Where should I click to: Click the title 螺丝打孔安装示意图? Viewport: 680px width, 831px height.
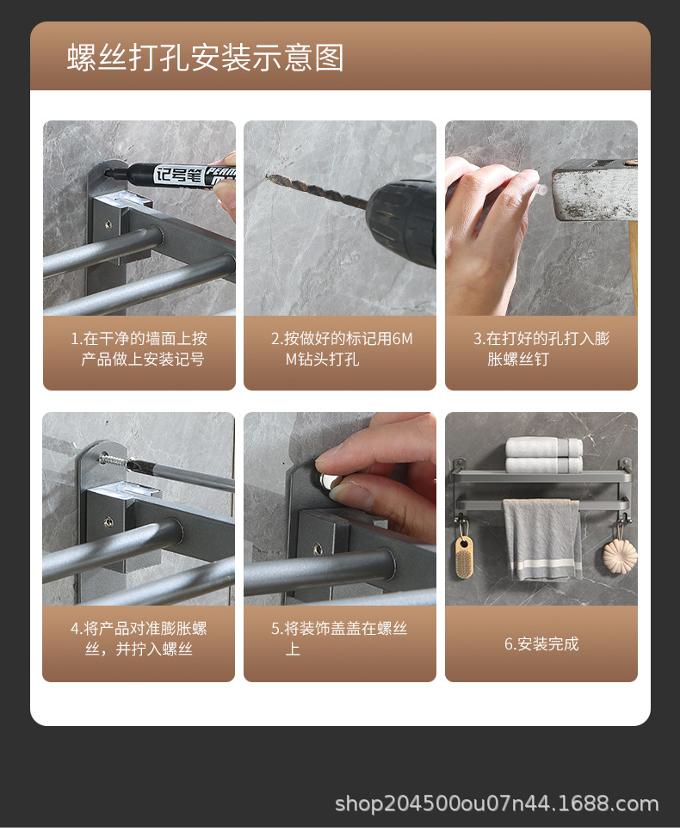205,58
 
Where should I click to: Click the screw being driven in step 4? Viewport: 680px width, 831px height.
114,460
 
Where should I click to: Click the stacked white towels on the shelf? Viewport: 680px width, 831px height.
544,455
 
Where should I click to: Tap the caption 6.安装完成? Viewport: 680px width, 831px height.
541,643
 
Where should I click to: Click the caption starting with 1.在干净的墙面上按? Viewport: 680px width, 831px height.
139,348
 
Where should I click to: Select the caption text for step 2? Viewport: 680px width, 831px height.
341,348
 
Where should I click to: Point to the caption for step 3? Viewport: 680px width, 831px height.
541,348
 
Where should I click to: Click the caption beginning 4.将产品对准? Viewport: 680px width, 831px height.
139,638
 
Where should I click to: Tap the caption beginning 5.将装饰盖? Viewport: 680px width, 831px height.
339,638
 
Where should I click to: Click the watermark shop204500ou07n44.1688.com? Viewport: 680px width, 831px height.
497,804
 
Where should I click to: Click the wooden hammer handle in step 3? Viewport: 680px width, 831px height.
633,265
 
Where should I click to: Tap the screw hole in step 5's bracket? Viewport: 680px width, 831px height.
318,549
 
